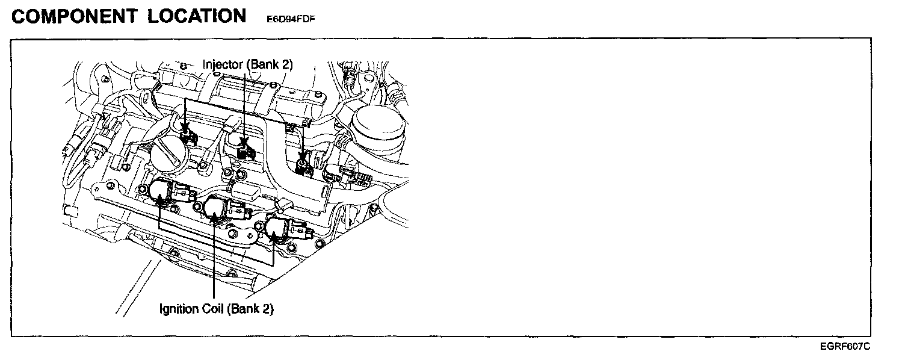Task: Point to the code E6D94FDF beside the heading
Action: click(291, 19)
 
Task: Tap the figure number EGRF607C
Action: click(845, 347)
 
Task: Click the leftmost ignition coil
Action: click(162, 192)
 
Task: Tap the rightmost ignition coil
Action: click(278, 229)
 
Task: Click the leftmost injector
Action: click(188, 135)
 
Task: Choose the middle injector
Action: click(244, 148)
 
